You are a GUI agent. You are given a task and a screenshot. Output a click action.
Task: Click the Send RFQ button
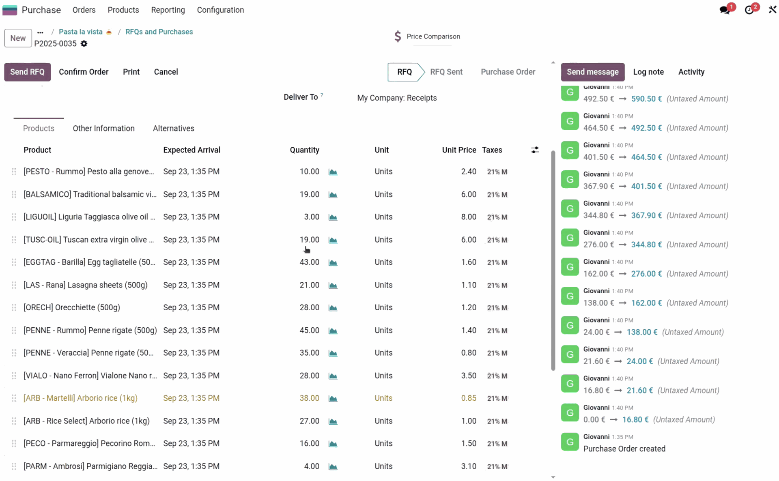coord(27,72)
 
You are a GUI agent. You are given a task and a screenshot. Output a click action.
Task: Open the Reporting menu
coord(168,10)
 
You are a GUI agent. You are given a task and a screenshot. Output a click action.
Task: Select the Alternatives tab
coord(173,128)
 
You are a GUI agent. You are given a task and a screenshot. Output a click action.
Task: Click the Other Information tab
coord(103,128)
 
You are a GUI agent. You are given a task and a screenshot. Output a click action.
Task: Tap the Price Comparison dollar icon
coord(398,37)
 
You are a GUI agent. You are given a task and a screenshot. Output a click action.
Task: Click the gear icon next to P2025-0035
coord(84,44)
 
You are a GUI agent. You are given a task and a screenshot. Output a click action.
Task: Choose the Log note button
coord(648,72)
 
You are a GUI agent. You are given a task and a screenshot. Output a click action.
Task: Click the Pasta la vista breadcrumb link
coord(80,32)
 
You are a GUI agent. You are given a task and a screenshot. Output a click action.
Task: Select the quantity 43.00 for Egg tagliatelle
coord(309,262)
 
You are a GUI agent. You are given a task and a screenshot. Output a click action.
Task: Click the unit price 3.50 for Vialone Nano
coord(468,376)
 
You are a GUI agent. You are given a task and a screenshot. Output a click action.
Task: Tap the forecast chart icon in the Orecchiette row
coord(333,308)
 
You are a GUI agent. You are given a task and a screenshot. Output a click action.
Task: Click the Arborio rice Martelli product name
coord(80,398)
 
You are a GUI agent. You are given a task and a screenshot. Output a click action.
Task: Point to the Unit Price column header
coord(458,150)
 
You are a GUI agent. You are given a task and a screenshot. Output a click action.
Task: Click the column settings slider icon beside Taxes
coord(535,150)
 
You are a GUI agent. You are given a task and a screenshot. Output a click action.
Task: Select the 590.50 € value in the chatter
coord(646,99)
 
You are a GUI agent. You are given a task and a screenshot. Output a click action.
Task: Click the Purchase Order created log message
coord(624,449)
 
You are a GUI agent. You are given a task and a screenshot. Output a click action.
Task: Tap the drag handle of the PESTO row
coord(14,172)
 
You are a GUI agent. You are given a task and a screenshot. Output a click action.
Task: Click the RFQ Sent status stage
coord(446,72)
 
